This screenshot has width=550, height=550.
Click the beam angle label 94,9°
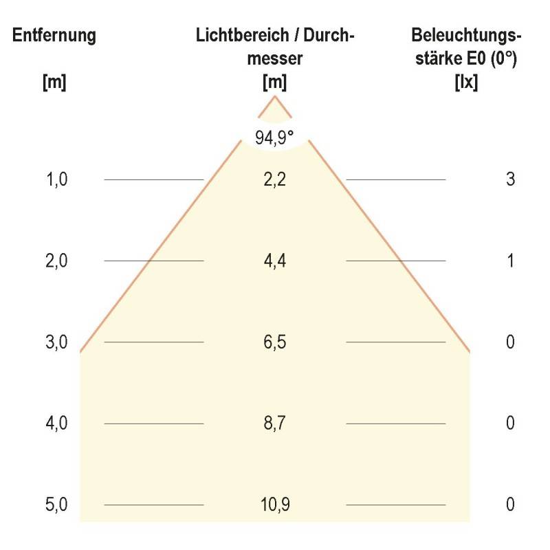click(275, 137)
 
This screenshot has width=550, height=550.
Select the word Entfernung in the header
click(54, 36)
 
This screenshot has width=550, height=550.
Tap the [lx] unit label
click(466, 82)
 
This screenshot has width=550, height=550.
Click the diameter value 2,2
click(275, 179)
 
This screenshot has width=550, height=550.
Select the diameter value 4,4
click(275, 261)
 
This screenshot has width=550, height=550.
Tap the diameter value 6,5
click(275, 342)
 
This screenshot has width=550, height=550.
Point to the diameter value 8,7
click(275, 423)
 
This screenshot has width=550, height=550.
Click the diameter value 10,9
click(275, 505)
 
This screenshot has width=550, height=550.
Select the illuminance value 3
click(510, 179)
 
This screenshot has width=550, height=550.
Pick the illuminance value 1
click(510, 261)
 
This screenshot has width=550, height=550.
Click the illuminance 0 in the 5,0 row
click(510, 505)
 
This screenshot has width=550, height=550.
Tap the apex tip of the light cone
click(275, 97)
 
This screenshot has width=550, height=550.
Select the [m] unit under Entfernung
click(54, 82)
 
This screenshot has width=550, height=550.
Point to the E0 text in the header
click(474, 59)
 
